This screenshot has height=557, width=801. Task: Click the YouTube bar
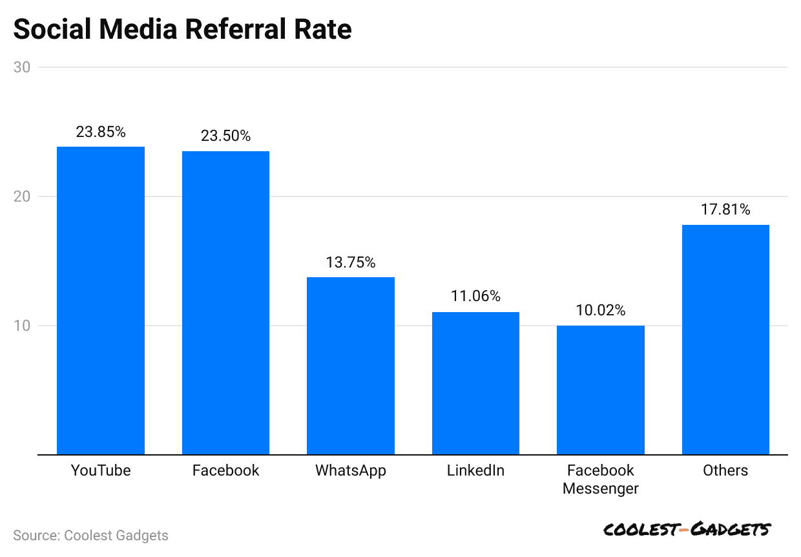pyautogui.click(x=101, y=300)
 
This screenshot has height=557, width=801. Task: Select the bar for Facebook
pyautogui.click(x=225, y=302)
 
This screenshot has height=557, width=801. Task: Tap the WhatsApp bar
pyautogui.click(x=351, y=366)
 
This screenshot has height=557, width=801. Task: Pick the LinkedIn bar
pyautogui.click(x=475, y=383)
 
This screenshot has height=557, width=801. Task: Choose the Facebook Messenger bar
pyautogui.click(x=601, y=390)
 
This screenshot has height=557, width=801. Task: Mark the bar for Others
pyautogui.click(x=725, y=339)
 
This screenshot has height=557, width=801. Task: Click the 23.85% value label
pyautogui.click(x=101, y=132)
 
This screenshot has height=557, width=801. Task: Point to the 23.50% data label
pyautogui.click(x=225, y=136)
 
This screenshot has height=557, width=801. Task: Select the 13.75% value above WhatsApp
pyautogui.click(x=351, y=262)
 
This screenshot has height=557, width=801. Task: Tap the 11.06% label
pyautogui.click(x=475, y=297)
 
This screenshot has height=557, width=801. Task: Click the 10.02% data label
pyautogui.click(x=601, y=310)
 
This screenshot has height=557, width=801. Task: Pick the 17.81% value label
pyautogui.click(x=725, y=209)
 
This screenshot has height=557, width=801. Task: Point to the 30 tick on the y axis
pyautogui.click(x=21, y=67)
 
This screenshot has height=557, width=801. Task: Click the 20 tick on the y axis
pyautogui.click(x=21, y=196)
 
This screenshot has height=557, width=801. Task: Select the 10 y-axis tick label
pyautogui.click(x=21, y=326)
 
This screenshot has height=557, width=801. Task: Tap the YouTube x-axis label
pyautogui.click(x=101, y=470)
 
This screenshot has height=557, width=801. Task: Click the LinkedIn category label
pyautogui.click(x=475, y=470)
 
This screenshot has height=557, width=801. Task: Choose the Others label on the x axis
pyautogui.click(x=725, y=470)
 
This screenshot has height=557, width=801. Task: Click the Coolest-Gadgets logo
pyautogui.click(x=687, y=530)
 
